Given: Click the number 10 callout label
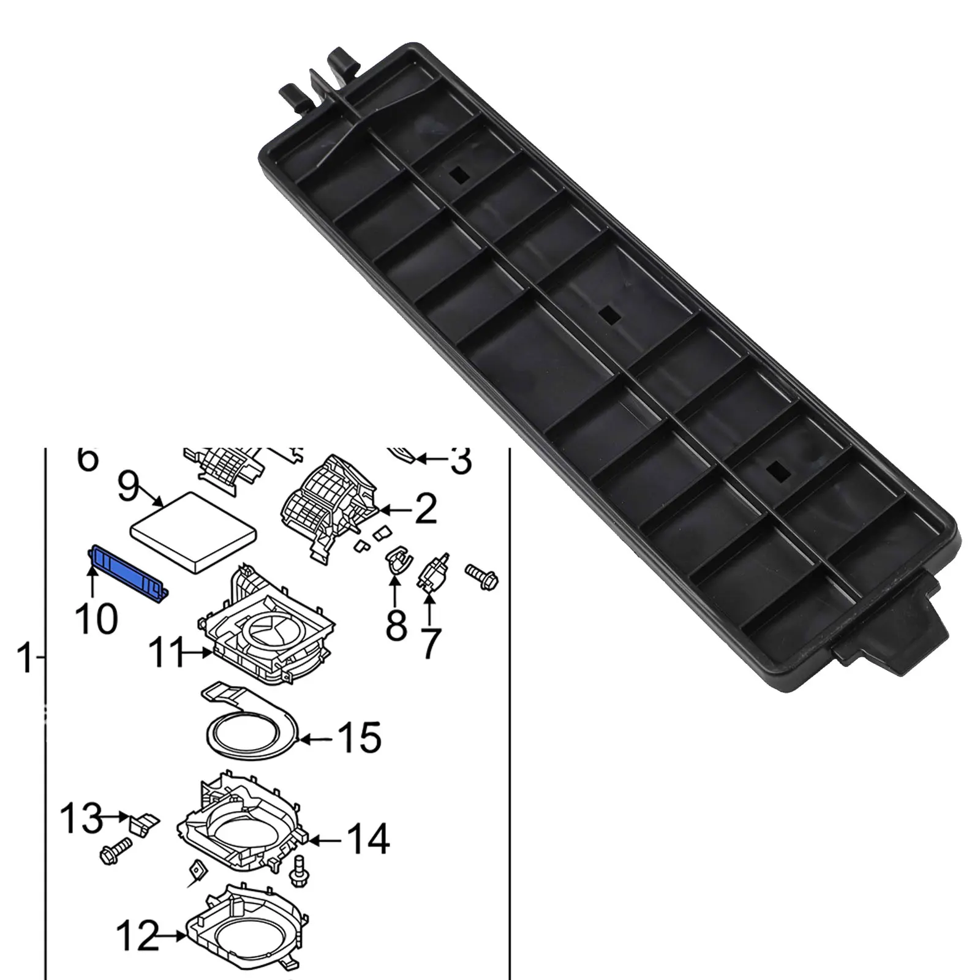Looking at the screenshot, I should click(97, 618).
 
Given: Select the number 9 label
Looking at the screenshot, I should click(128, 488).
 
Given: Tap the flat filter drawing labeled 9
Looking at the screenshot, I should click(194, 530).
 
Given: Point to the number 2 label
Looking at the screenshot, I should click(425, 508).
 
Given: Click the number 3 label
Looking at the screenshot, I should click(460, 460).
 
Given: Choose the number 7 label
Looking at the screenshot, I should click(431, 643).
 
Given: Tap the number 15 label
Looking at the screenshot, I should click(360, 738).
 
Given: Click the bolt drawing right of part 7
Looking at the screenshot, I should click(483, 575).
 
